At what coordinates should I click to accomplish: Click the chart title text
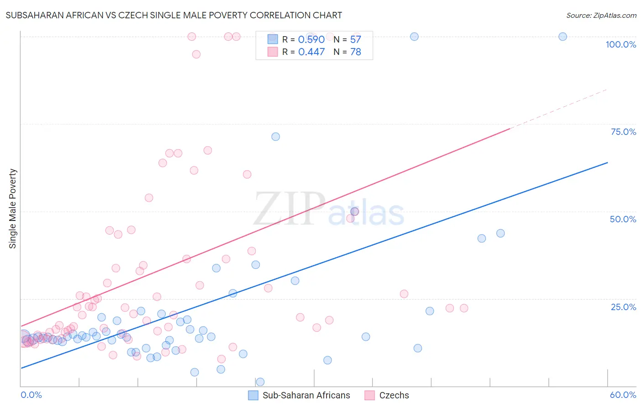[x=174, y=15]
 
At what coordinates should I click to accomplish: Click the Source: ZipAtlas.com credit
[x=601, y=16]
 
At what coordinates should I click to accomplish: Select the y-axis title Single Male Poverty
[x=13, y=209]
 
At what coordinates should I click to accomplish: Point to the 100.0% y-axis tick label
[x=621, y=44]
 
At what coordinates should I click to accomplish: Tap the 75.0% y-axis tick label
[x=623, y=132]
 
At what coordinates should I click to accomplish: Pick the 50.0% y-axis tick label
[x=623, y=219]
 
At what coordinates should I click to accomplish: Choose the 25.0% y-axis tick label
[x=623, y=307]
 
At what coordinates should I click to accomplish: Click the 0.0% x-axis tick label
[x=31, y=395]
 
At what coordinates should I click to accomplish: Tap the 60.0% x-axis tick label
[x=623, y=395]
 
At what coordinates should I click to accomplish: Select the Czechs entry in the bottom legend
[x=394, y=395]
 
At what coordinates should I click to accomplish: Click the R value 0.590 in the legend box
[x=311, y=40]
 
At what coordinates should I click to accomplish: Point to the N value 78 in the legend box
[x=355, y=52]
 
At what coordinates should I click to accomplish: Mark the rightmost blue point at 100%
[x=563, y=37]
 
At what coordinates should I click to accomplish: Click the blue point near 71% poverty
[x=275, y=137]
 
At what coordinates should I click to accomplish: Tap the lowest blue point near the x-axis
[x=260, y=382]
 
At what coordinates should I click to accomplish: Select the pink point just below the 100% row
[x=196, y=54]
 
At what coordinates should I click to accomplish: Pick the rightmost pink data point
[x=464, y=308]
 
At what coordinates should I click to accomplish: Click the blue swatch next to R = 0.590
[x=273, y=39]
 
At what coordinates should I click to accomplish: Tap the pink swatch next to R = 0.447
[x=273, y=52]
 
